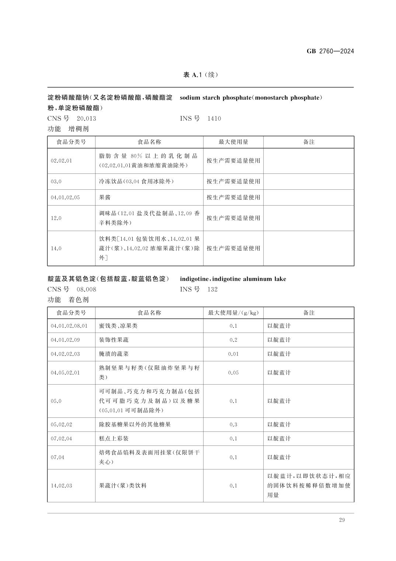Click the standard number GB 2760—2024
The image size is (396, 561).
coord(330,51)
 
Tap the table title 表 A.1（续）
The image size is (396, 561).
coord(201,75)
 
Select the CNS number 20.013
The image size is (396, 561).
coord(86,118)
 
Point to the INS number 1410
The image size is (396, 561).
coord(214,118)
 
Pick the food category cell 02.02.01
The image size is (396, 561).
coord(61,161)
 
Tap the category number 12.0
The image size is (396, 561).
coord(56,218)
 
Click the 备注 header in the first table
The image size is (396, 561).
coord(309,142)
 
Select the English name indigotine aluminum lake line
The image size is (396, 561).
coord(233,279)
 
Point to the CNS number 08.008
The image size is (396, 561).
coord(86,289)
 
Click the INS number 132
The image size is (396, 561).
coord(212,289)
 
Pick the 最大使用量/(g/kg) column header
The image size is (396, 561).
coord(233,313)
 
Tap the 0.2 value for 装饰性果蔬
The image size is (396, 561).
coord(233,340)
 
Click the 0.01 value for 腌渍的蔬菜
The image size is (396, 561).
coord(233,354)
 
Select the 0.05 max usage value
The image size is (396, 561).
coord(233,373)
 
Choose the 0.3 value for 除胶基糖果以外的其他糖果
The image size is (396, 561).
coord(233,424)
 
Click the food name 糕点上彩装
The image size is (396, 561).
coord(114,438)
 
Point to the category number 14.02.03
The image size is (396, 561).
coord(61,486)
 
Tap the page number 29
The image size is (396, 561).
coord(342,520)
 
